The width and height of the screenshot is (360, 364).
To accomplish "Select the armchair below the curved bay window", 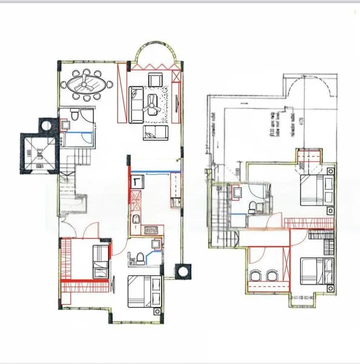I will pyautogui.click(x=155, y=79).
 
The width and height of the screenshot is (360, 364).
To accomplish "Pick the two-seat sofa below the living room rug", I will pyautogui.click(x=154, y=133).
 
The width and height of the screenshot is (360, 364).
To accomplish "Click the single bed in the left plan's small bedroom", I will pyautogui.click(x=100, y=261).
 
